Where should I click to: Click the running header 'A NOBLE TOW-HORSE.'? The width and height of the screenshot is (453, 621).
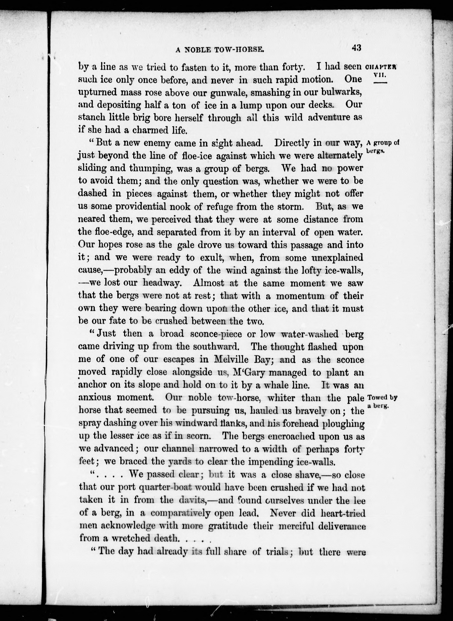pos(220,50)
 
